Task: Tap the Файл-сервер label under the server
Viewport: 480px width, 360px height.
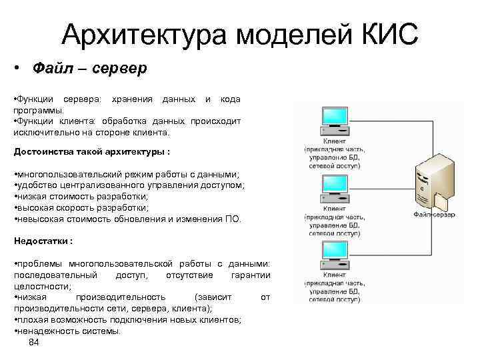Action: coord(434,215)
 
